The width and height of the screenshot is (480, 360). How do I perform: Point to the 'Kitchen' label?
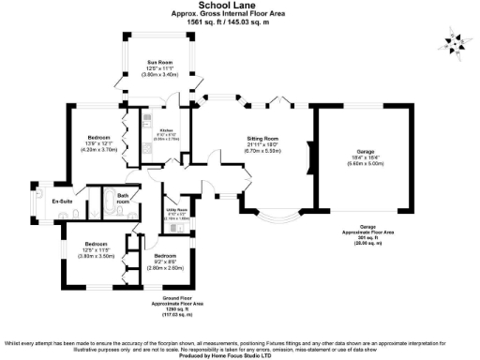click(x=166, y=130)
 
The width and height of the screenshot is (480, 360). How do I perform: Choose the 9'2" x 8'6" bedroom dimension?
click(x=164, y=262)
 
